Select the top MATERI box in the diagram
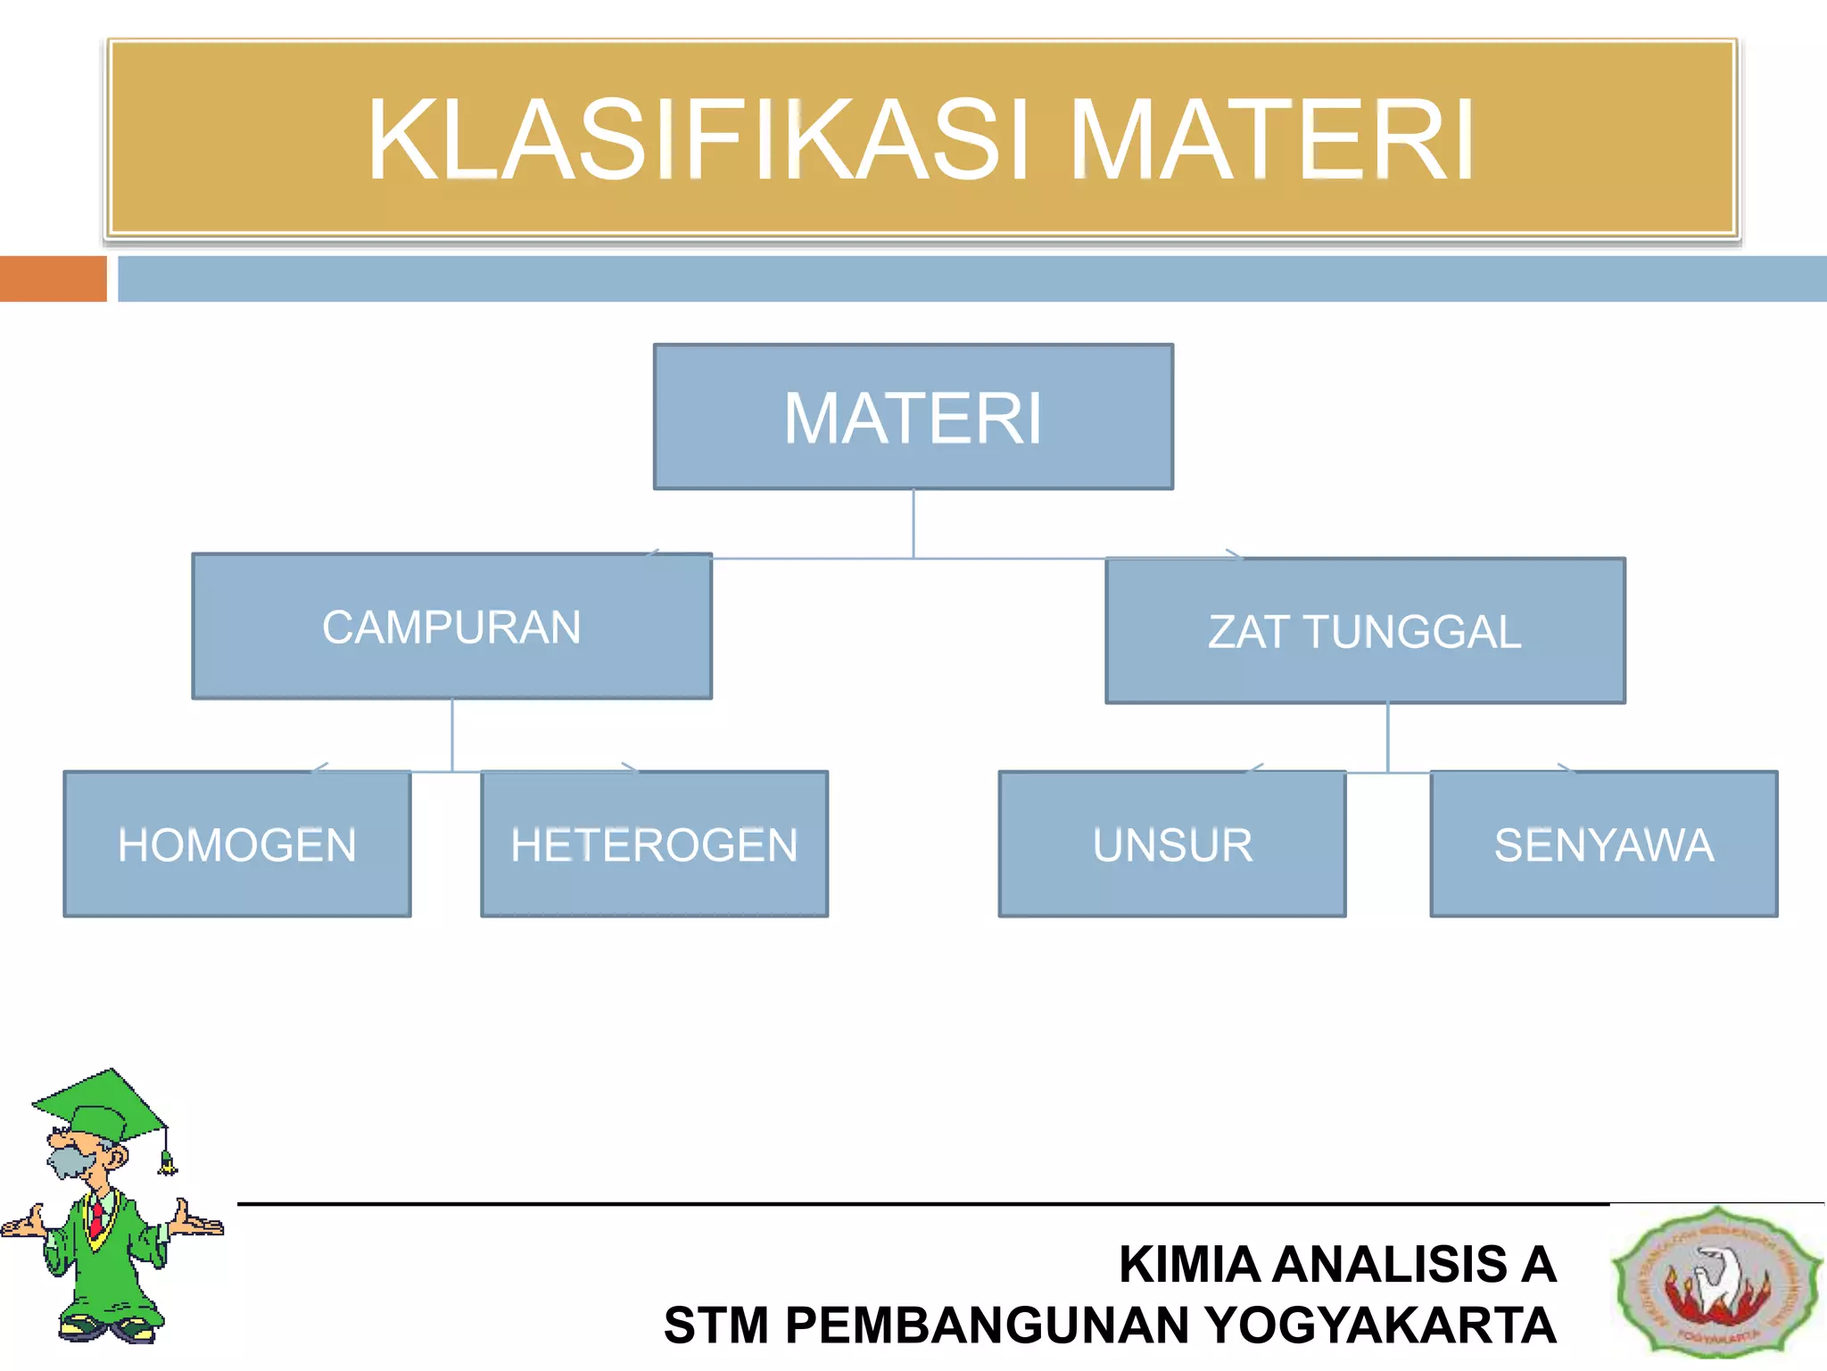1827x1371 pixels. pyautogui.click(x=913, y=417)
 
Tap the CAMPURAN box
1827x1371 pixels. pyautogui.click(x=451, y=627)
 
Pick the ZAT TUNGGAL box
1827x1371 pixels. pyautogui.click(x=1365, y=631)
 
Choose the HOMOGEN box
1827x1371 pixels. pyautogui.click(x=237, y=844)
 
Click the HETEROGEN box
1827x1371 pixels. pyautogui.click(x=654, y=844)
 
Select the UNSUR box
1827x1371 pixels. pyautogui.click(x=1172, y=844)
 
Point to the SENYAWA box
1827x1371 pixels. pyautogui.click(x=1603, y=844)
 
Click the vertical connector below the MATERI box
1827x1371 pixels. pyautogui.click(x=913, y=524)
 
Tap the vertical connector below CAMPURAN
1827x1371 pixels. pyautogui.click(x=452, y=734)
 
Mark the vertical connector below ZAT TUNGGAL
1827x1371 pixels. pyautogui.click(x=1387, y=736)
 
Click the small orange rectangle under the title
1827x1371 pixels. pyautogui.click(x=53, y=278)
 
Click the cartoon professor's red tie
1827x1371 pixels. pyautogui.click(x=95, y=1218)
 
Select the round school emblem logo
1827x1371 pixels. pyautogui.click(x=1716, y=1282)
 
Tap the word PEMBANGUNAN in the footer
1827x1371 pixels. pyautogui.click(x=988, y=1325)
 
